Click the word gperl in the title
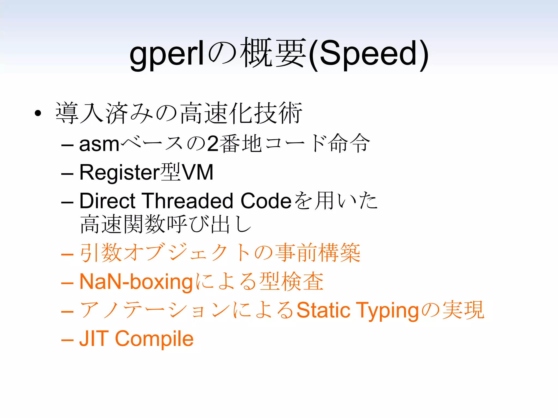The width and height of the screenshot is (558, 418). tap(167, 54)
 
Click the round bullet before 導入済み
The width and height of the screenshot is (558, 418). tap(38, 113)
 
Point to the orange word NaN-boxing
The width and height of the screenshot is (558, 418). tap(136, 282)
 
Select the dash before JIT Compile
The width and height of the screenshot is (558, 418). tap(67, 340)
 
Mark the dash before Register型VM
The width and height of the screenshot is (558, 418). tap(67, 174)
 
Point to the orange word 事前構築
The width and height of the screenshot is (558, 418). tap(317, 253)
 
